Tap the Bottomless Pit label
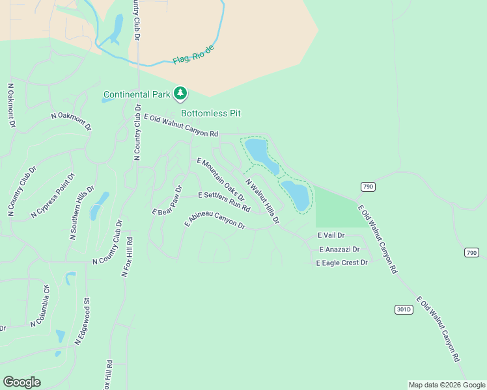pos(211,113)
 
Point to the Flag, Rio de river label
pos(193,55)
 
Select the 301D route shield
pos(404,309)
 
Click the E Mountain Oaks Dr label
pos(220,179)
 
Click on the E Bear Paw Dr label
pos(167,200)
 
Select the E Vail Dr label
pos(331,235)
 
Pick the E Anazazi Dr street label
pos(339,249)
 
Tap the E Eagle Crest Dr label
pos(342,263)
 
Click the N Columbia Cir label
pos(38,306)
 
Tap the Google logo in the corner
pos(21,382)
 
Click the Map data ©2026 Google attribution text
pos(447,385)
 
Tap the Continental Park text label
pos(137,95)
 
